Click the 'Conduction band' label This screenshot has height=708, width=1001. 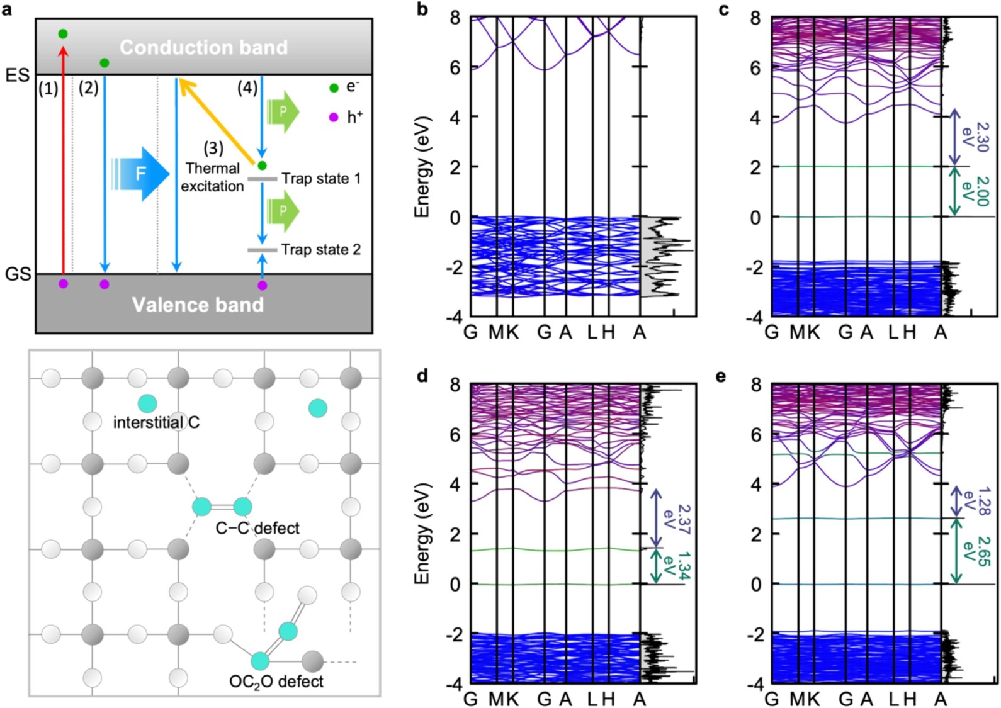203,47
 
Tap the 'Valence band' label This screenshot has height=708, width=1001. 198,305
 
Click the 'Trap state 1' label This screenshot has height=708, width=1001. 321,179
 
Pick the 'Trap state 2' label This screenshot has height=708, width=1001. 321,249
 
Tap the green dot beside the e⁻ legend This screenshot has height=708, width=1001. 334,89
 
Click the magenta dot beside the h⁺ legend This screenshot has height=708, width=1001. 334,118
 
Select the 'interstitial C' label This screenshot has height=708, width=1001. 156,422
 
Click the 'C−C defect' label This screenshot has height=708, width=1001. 257,528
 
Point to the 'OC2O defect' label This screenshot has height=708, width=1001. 276,682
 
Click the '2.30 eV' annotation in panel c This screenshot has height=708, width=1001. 973,137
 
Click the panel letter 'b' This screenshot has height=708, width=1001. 422,9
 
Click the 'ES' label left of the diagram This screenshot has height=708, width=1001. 17,76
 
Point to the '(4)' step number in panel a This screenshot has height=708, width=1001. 247,89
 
